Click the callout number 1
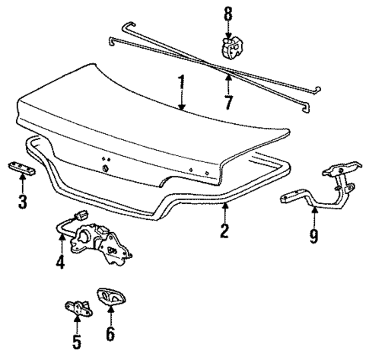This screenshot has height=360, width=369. pos(181,81)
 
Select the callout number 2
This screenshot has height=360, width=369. pos(224,231)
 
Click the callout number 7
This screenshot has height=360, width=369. pos(227,100)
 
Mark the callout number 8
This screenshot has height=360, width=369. pos(227,12)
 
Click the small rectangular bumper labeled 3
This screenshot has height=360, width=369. pos(21,167)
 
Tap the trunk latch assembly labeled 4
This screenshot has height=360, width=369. pos(95,241)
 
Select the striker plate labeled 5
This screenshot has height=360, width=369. pos(78,306)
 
